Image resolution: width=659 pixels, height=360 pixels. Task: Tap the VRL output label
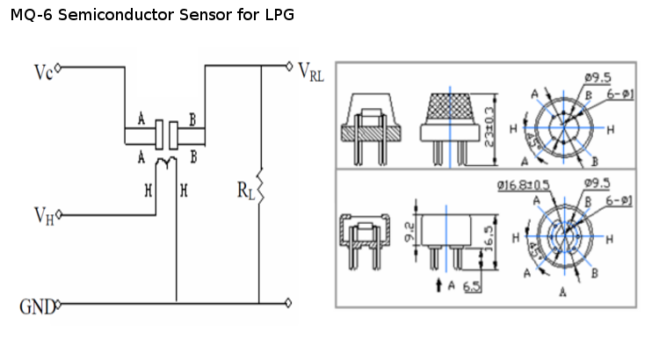pyautogui.click(x=311, y=72)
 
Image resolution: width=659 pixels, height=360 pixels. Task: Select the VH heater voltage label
pyautogui.click(x=43, y=216)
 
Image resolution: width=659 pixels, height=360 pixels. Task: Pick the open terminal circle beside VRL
pyautogui.click(x=290, y=65)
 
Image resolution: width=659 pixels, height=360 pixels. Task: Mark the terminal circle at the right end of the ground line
pyautogui.click(x=290, y=303)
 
